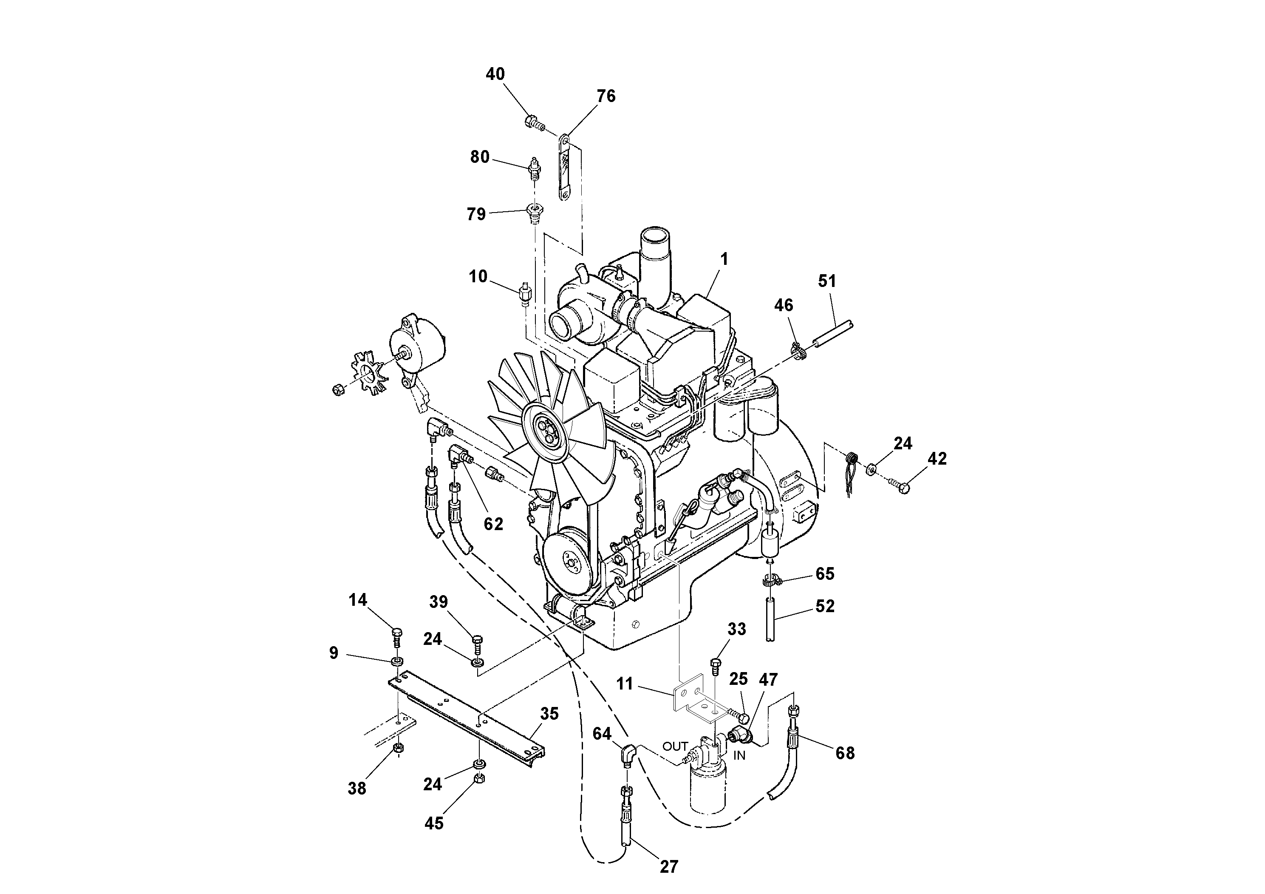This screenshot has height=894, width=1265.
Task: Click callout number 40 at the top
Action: pos(495,74)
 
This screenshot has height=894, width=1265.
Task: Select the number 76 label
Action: pos(606,96)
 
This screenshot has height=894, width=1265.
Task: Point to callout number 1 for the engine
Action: pos(724,258)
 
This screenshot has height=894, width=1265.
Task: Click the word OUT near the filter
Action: pos(675,746)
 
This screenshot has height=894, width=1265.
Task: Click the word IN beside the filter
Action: pos(739,756)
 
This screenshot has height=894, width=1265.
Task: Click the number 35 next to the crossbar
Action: pos(549,714)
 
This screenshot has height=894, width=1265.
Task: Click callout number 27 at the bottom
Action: pos(668,867)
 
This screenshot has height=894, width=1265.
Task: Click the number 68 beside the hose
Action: pos(845,753)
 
